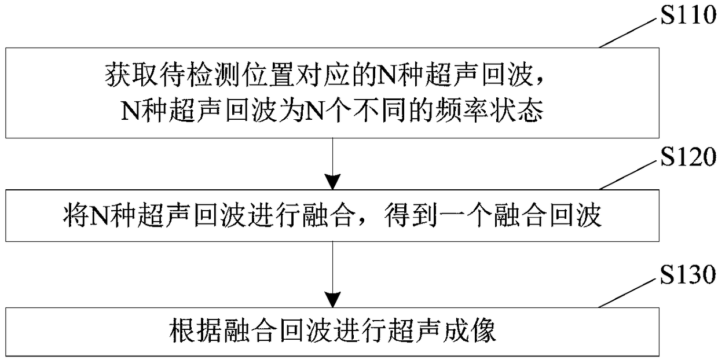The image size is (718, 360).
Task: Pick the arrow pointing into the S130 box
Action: pyautogui.click(x=334, y=278)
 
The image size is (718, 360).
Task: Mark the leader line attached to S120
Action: pyautogui.click(x=629, y=174)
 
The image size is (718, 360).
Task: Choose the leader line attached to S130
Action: pyautogui.click(x=629, y=294)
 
